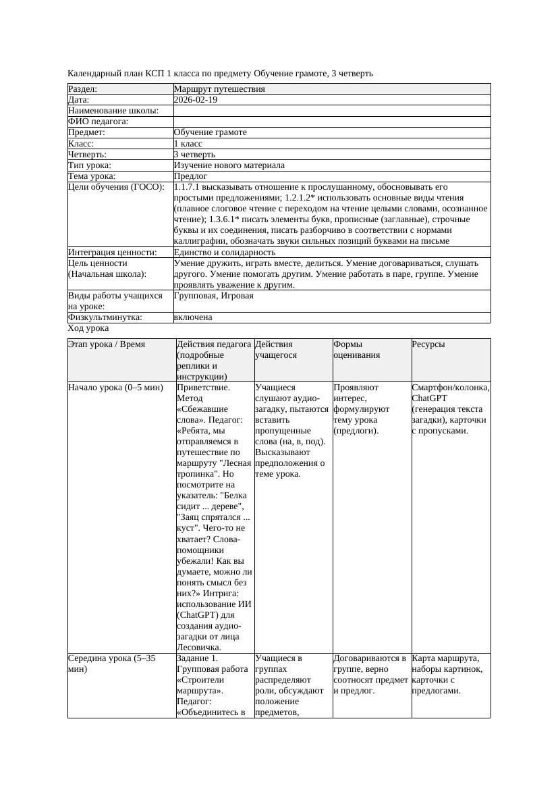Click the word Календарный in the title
92,73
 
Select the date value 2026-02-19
196,100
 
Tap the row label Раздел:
82,89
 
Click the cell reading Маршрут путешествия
219,89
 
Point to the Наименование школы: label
113,111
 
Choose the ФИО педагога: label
99,122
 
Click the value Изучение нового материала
229,165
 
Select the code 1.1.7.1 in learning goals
188,187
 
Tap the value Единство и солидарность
225,253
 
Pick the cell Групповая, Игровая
214,296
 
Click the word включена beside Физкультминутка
193,317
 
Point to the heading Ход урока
88,328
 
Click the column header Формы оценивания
356,350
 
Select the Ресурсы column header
428,344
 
